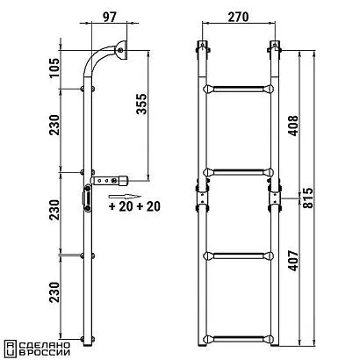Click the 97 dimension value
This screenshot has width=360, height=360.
[x=110, y=17]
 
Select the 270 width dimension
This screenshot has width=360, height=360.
[x=238, y=17]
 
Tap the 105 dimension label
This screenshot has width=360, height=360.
[x=54, y=68]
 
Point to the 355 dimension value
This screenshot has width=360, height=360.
[x=141, y=104]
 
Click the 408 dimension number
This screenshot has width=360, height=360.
[x=293, y=126]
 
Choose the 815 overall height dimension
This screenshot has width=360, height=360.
[x=307, y=198]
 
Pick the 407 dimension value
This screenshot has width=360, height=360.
[x=293, y=261]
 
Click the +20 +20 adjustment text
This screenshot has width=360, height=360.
[x=134, y=206]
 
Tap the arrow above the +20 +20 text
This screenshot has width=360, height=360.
[x=125, y=197]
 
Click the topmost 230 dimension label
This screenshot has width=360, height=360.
[x=54, y=125]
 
